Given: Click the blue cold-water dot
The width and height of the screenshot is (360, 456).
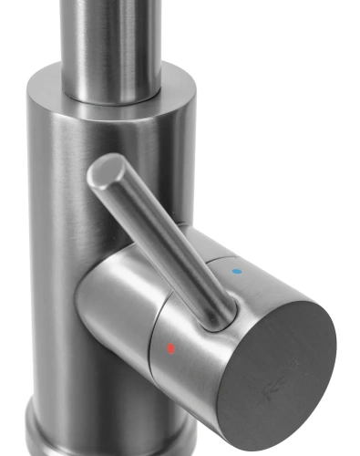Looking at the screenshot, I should [238, 271].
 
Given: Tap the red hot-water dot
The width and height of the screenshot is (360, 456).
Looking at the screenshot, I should [170, 347].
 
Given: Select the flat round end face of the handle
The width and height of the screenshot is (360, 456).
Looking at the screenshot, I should [278, 374].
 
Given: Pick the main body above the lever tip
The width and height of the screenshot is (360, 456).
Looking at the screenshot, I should [100, 128].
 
